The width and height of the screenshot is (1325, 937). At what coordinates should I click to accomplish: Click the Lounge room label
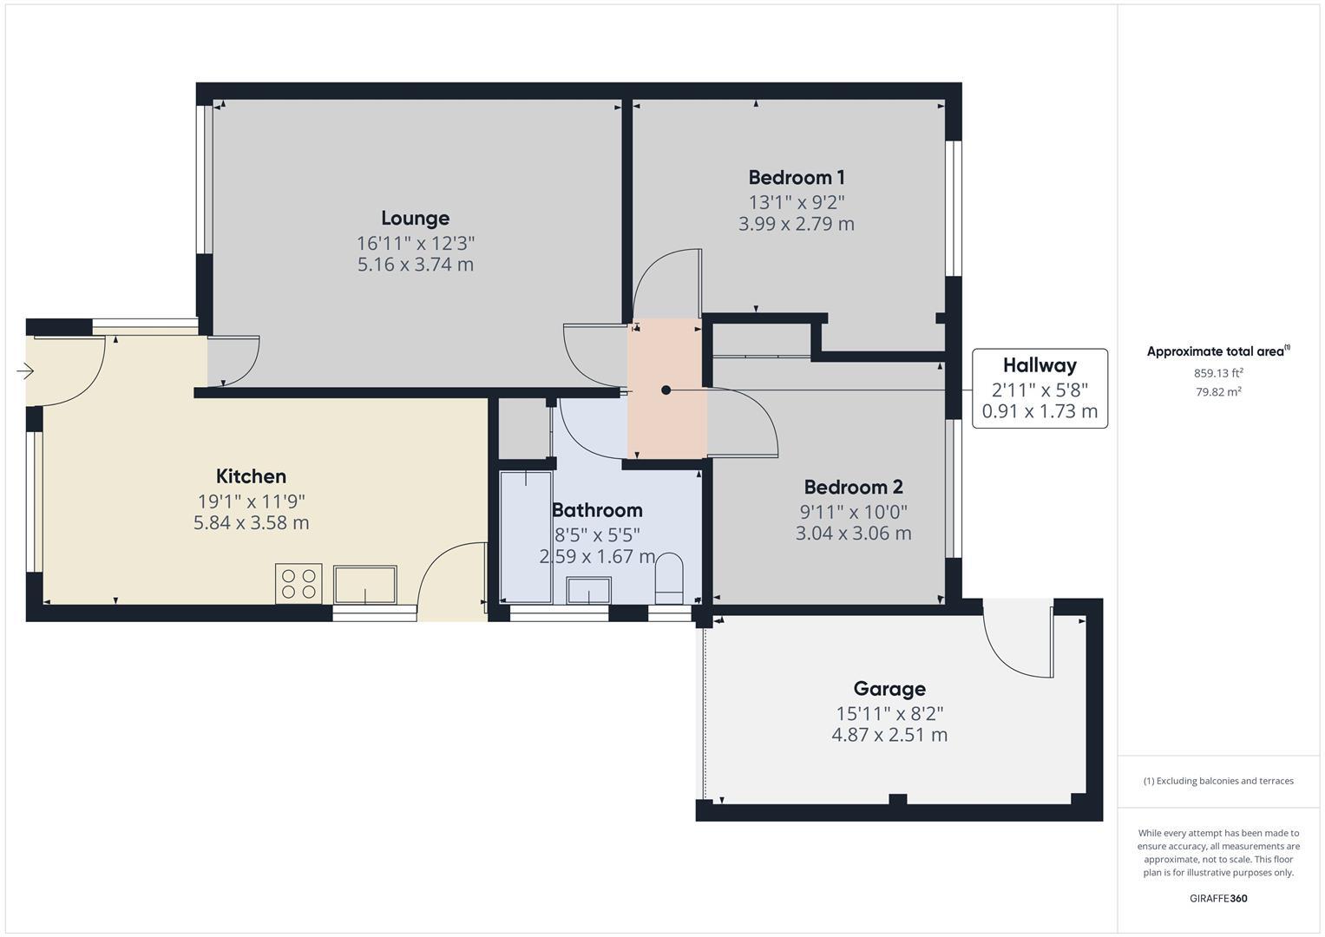(415, 218)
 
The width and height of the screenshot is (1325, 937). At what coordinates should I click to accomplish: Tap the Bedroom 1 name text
(796, 178)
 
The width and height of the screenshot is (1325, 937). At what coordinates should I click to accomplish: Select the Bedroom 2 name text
(853, 487)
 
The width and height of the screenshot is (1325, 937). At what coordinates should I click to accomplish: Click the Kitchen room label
(251, 476)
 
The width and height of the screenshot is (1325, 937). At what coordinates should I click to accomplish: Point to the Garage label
(889, 689)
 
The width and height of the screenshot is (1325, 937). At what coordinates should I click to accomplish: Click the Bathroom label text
(597, 510)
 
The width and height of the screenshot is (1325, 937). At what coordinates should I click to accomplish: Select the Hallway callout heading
(1039, 365)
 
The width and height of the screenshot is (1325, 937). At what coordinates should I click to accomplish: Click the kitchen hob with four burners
(298, 583)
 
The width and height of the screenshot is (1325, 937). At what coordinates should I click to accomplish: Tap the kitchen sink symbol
(364, 584)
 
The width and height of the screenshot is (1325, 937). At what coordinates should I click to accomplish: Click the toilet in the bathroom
(669, 577)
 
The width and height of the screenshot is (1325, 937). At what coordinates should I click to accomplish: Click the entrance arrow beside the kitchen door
(24, 371)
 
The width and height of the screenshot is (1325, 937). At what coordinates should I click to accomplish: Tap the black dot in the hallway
(666, 390)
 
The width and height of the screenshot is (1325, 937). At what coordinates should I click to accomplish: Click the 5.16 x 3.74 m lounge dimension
(415, 265)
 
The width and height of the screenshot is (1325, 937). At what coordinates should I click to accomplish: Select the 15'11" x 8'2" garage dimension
(889, 713)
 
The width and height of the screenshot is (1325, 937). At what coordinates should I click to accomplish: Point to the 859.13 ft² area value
(1217, 373)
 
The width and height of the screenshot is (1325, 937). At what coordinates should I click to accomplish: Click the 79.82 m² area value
(1217, 391)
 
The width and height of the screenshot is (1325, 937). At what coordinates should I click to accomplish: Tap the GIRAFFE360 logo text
(1217, 898)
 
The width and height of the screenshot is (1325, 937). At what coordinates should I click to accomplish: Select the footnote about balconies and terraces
(1217, 781)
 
